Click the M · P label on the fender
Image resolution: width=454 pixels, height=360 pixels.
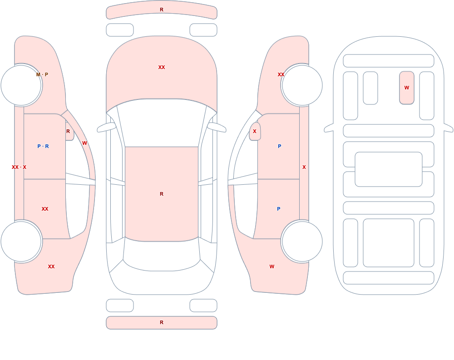42,74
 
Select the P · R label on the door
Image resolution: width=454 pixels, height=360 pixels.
43,146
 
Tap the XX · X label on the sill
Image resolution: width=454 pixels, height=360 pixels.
19,167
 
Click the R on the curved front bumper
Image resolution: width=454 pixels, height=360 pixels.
162,10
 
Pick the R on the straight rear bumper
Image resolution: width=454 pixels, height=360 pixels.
162,322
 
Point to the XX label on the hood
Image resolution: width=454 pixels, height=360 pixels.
162,67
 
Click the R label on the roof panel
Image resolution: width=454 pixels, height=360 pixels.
162,194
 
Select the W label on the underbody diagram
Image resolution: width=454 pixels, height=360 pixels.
406,88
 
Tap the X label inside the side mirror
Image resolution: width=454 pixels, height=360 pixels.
255,131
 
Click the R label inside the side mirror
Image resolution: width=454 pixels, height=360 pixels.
68,131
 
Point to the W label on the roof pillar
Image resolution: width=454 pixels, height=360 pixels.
84,143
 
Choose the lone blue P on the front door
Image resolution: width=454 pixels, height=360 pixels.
279,146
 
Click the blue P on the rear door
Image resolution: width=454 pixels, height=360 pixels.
279,209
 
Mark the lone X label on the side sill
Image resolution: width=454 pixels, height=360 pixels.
304,167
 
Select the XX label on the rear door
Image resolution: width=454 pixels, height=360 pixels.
45,209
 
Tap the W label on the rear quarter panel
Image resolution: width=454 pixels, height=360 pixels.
272,266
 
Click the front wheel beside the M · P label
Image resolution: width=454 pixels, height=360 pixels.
21,85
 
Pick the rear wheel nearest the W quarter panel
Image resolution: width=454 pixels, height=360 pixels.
302,241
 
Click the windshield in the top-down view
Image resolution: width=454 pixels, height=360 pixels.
162,122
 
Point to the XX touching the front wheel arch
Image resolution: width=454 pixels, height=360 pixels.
281,74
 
